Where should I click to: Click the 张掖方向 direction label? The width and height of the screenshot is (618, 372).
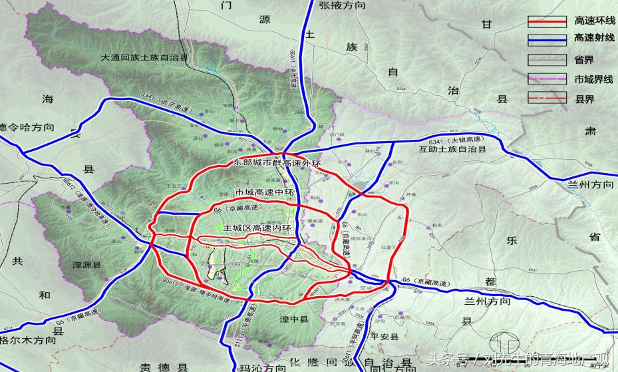tap(343, 5)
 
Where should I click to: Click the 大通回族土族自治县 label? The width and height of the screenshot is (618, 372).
tap(144, 58)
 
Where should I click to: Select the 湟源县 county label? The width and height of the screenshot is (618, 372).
tap(87, 265)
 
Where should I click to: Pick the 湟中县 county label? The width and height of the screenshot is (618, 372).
tap(294, 319)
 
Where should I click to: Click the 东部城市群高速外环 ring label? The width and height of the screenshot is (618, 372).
tap(277, 162)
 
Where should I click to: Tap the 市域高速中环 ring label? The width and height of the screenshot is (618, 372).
tap(264, 192)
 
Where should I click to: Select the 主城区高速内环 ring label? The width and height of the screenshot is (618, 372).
tap(258, 229)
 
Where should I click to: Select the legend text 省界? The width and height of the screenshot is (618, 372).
tap(583, 60)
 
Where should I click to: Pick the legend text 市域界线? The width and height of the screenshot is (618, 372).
tap(593, 79)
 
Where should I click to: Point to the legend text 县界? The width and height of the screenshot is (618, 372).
tap(583, 98)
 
